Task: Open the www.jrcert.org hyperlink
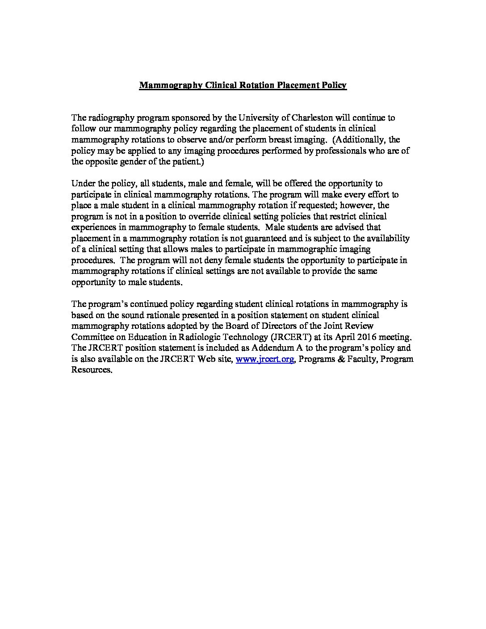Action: (x=264, y=359)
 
